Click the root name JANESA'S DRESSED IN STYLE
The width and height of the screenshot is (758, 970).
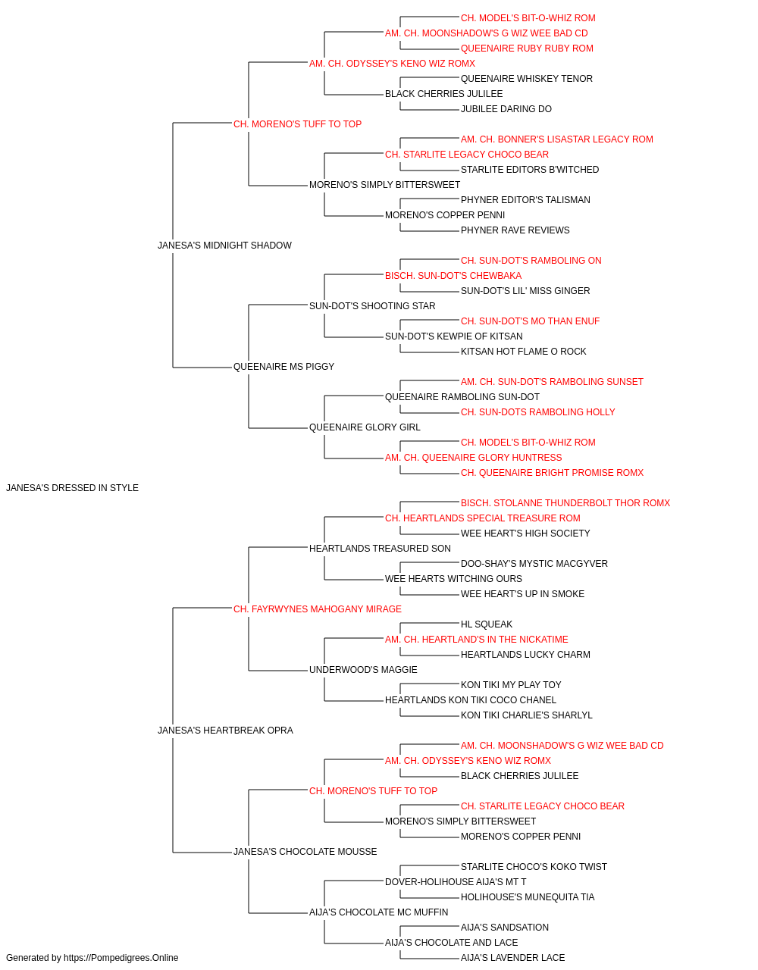click(72, 488)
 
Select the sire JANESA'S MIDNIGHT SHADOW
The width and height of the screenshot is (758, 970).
click(224, 245)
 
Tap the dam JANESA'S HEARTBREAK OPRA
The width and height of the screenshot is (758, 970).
click(225, 731)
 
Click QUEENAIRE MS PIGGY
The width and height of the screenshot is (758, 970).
click(284, 367)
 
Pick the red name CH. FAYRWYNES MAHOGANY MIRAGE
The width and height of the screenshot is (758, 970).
click(318, 609)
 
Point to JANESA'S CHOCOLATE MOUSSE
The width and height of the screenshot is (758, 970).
click(305, 851)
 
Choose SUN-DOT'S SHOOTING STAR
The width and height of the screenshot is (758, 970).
click(372, 305)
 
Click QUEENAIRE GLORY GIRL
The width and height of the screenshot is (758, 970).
click(365, 427)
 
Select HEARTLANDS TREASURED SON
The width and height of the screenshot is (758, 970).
click(380, 548)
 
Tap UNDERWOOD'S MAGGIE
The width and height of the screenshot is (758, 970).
click(363, 670)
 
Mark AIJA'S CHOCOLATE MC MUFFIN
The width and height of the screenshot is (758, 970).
click(378, 912)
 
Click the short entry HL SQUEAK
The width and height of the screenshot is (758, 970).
click(487, 624)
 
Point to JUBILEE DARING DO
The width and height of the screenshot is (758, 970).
click(506, 109)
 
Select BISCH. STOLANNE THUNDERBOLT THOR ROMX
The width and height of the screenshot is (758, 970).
click(565, 503)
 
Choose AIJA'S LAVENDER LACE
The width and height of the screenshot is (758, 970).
click(513, 958)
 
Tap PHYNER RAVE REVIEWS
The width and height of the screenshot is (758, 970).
click(515, 230)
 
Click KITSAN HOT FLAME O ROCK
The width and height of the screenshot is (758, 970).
click(524, 352)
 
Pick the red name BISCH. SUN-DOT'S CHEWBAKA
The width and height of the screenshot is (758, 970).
click(453, 275)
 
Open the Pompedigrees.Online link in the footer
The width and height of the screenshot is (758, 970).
click(121, 958)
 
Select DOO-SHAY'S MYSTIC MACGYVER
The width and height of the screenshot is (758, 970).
click(534, 563)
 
